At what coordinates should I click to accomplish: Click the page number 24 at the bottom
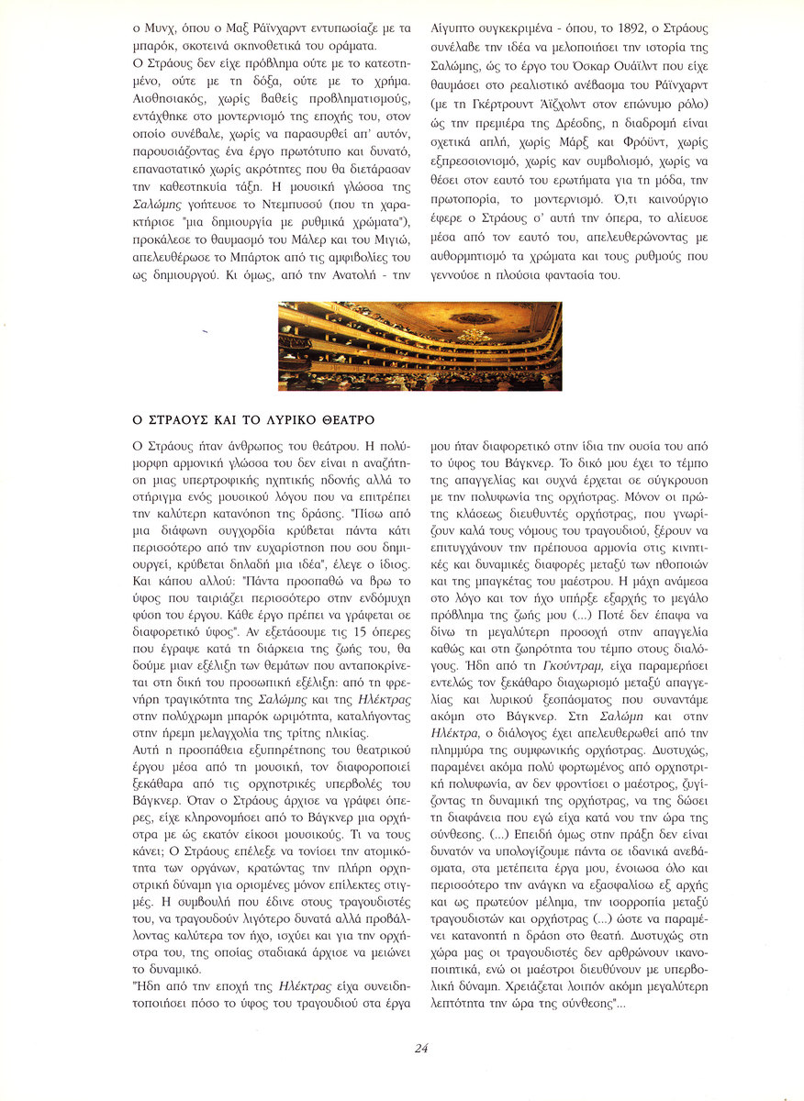coord(421,1049)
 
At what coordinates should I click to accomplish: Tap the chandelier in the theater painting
coord(475,334)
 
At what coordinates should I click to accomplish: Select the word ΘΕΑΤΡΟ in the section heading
coord(344,420)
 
